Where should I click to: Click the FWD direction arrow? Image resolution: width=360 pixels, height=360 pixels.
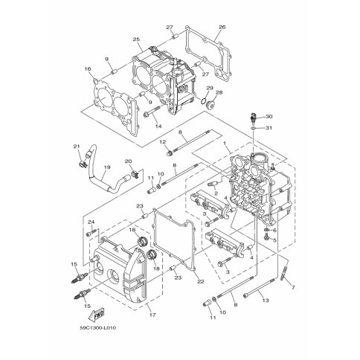click(x=96, y=314)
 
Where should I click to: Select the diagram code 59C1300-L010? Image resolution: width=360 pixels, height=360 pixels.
click(x=98, y=328)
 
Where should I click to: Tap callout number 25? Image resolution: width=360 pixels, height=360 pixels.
click(x=136, y=39)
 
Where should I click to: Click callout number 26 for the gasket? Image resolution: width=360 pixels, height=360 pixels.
click(x=222, y=27)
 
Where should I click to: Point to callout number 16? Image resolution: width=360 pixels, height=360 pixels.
click(x=88, y=68)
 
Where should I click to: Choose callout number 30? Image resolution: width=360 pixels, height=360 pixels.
click(x=269, y=116)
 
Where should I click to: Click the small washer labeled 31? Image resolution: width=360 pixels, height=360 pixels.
click(x=254, y=128)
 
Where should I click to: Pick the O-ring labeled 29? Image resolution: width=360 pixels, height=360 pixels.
click(x=203, y=100)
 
